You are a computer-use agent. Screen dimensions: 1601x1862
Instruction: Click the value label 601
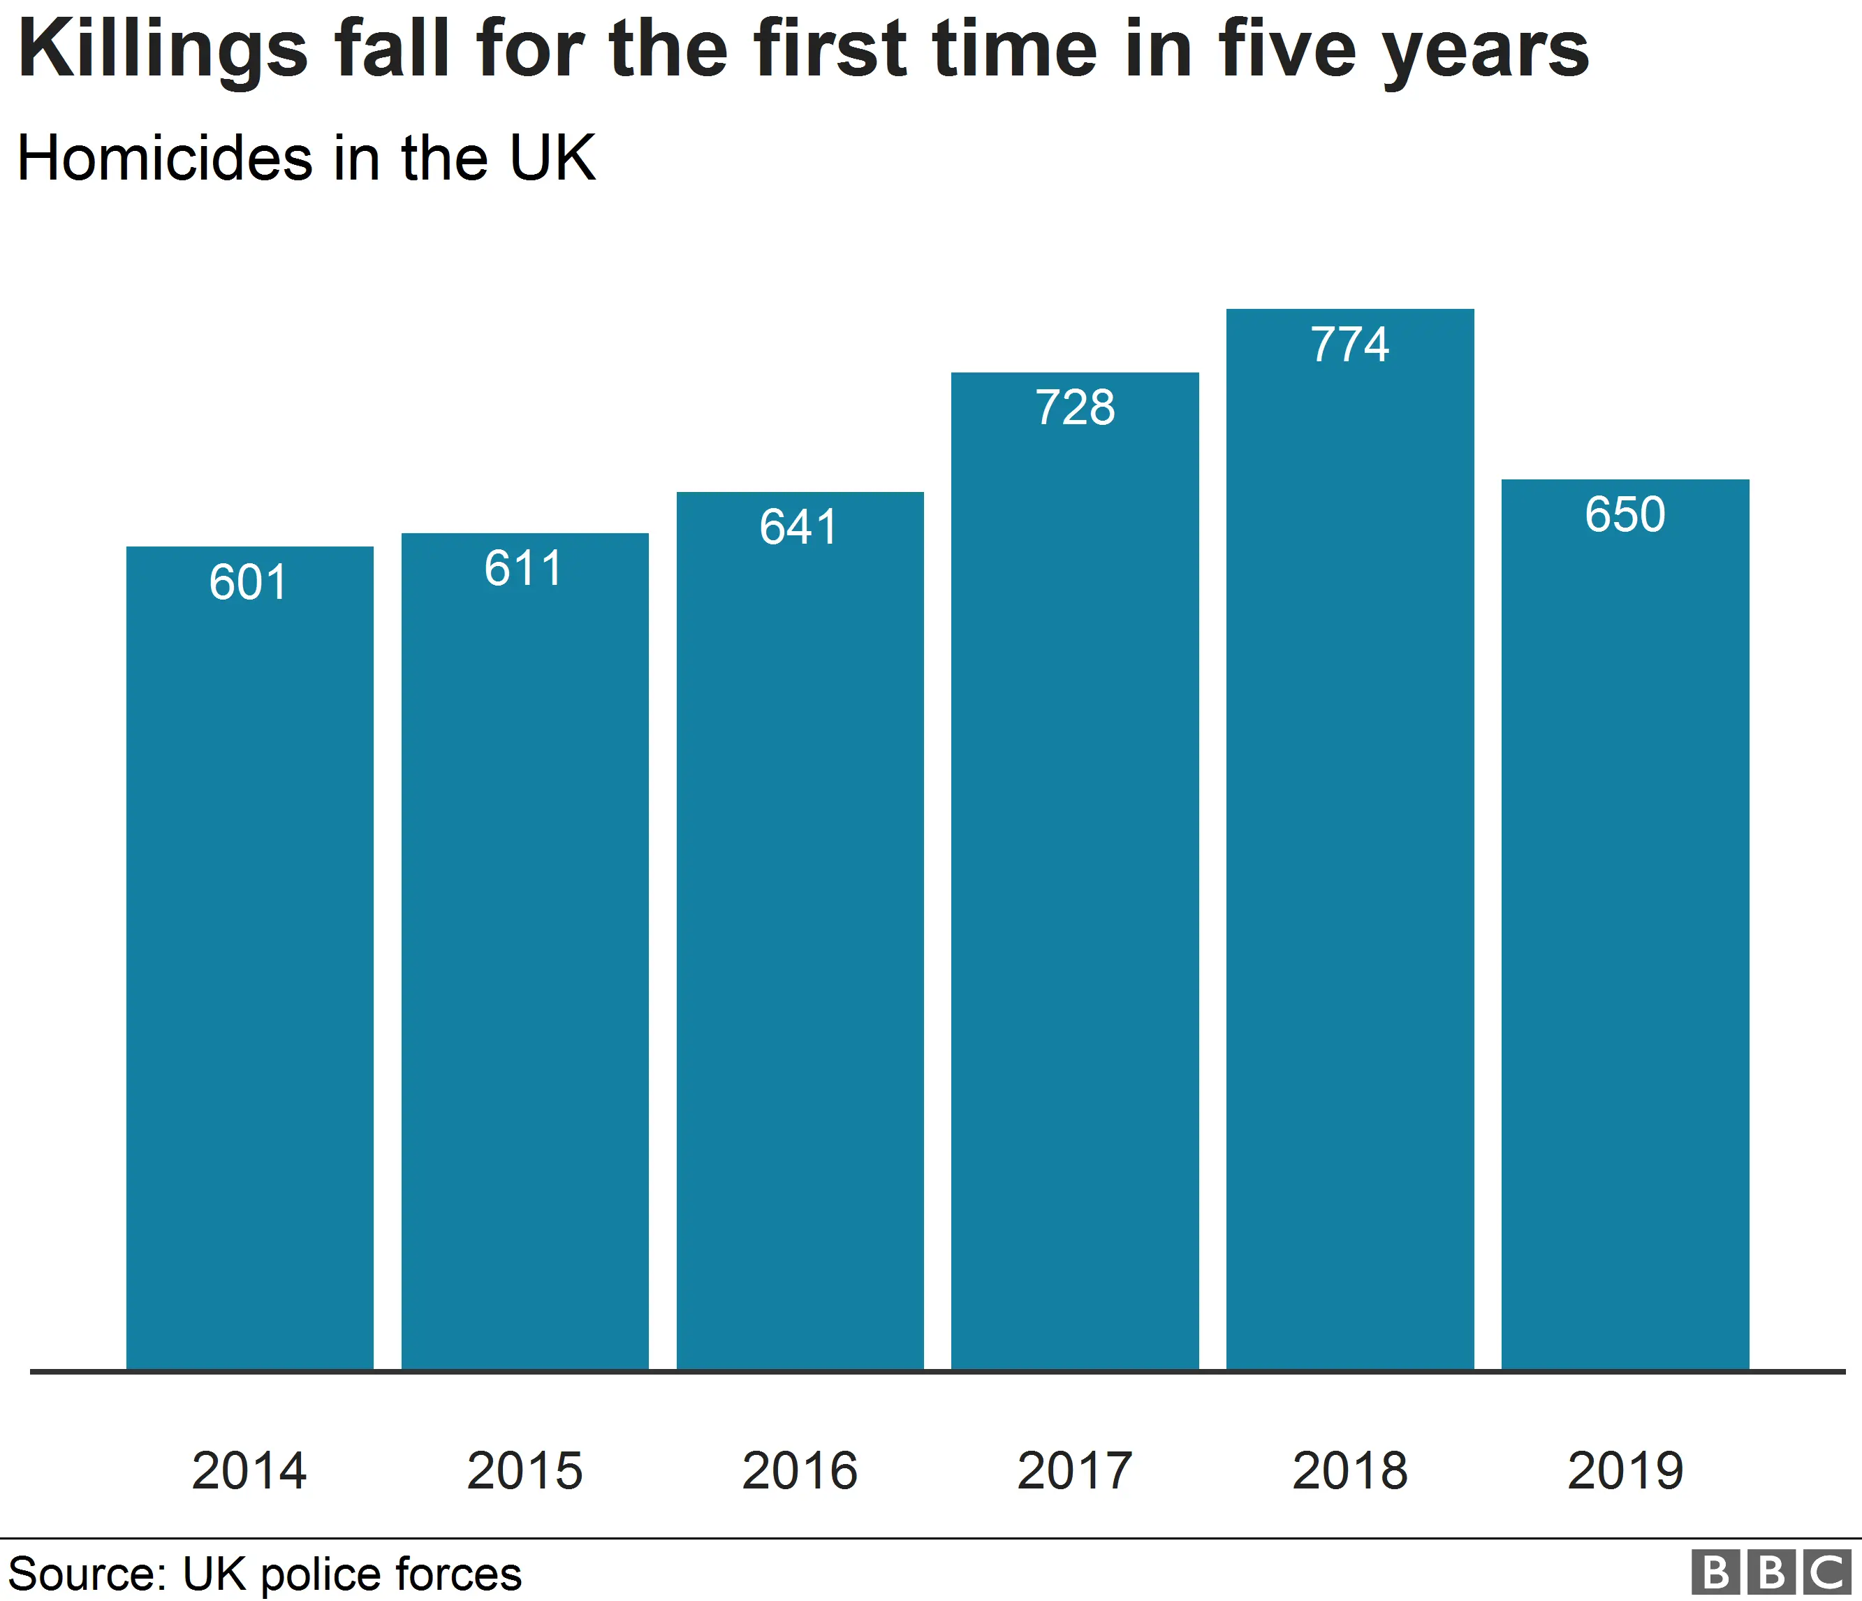[249, 583]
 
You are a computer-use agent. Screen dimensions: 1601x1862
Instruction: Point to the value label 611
[524, 569]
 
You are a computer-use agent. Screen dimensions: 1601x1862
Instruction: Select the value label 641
[799, 527]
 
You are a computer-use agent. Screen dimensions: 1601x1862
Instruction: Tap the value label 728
[1075, 408]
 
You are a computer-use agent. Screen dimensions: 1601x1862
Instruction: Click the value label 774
[1350, 345]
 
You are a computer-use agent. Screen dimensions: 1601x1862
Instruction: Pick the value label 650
[1625, 515]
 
